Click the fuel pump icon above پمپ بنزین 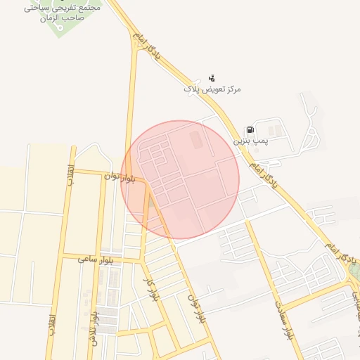click(250, 130)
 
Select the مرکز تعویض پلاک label click(212, 90)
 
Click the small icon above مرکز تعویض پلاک click(212, 79)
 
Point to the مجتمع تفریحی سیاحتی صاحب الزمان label click(63, 12)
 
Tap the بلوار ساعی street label click(96, 259)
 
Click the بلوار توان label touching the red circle click(119, 176)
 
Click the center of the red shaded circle click(180, 180)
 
